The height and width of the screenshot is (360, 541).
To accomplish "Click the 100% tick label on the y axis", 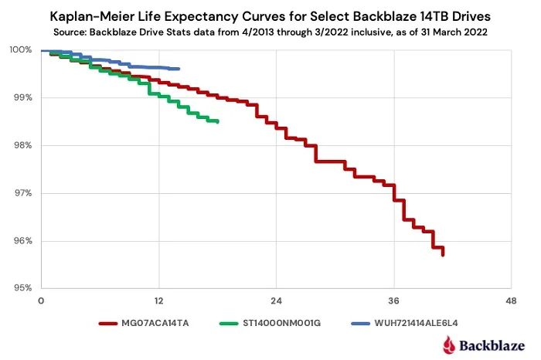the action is (x=21, y=49).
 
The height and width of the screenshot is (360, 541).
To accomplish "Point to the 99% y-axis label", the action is (x=22, y=97).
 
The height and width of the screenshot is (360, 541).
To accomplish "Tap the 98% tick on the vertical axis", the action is (x=22, y=145).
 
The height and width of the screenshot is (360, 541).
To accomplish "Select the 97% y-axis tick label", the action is (x=22, y=193).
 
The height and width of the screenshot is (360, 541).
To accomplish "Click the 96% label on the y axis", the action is (x=22, y=240).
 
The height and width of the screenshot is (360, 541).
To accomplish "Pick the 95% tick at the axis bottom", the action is (x=22, y=287).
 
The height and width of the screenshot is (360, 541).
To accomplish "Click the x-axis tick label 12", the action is (x=158, y=301).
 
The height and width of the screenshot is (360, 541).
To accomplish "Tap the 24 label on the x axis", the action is (x=277, y=301).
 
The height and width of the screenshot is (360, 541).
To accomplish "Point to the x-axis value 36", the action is (x=393, y=301).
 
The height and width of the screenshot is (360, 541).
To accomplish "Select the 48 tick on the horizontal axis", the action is (x=512, y=301).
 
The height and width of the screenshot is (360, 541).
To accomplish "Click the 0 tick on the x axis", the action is (x=41, y=301).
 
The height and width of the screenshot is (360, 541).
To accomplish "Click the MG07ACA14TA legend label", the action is (x=155, y=323).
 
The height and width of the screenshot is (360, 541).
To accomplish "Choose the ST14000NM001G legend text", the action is (x=282, y=323).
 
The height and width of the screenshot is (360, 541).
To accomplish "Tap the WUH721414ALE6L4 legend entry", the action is (x=416, y=323).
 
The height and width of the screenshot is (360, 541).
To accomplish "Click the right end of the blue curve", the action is (x=179, y=69).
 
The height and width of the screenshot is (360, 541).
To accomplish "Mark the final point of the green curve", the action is (x=217, y=121).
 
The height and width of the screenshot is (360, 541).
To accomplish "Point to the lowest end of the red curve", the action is (x=443, y=255).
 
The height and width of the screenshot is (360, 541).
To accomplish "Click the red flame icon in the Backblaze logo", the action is (x=449, y=345).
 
